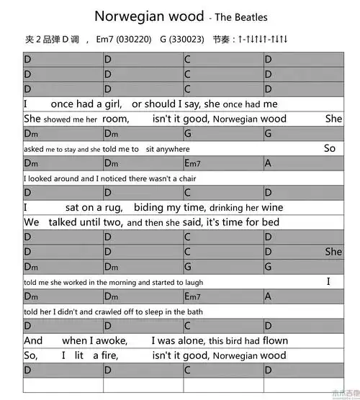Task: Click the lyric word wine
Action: pyautogui.click(x=273, y=208)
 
